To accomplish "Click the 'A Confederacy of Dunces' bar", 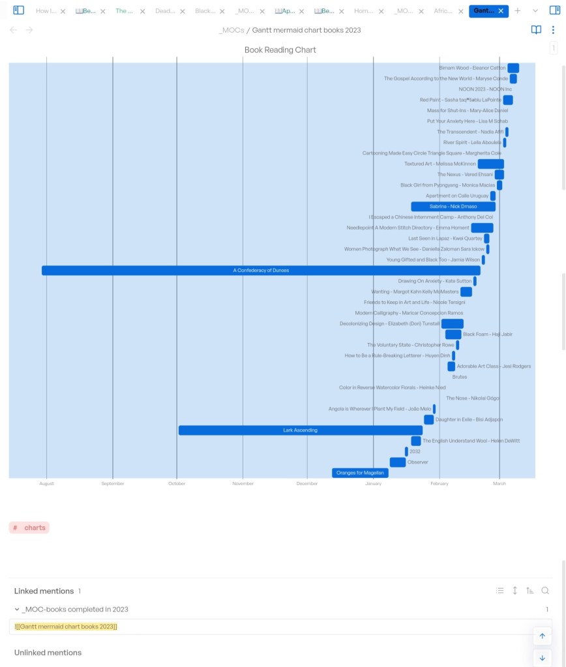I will click(x=261, y=270).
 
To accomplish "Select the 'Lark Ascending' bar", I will click(x=300, y=430).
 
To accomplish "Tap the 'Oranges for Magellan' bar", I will click(x=360, y=473).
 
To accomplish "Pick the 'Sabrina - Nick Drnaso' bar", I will click(x=453, y=207).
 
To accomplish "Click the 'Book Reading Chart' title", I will click(x=280, y=50).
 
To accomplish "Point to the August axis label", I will click(x=46, y=484).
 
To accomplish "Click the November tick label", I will click(x=243, y=484).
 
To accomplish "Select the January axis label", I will click(x=374, y=484).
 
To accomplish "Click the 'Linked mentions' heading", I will click(x=44, y=591).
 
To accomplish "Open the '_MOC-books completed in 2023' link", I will click(x=75, y=610).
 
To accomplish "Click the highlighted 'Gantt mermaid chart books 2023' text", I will click(x=66, y=627).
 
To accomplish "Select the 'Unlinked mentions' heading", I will click(x=48, y=653).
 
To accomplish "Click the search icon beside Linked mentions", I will click(x=545, y=591).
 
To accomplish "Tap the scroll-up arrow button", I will click(x=542, y=636).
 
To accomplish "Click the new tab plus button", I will click(x=518, y=10).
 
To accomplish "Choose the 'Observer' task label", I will click(x=417, y=462).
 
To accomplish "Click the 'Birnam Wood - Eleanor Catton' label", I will click(x=472, y=68).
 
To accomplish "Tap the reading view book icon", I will click(x=536, y=30).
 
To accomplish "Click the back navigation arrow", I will click(x=13, y=30).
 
